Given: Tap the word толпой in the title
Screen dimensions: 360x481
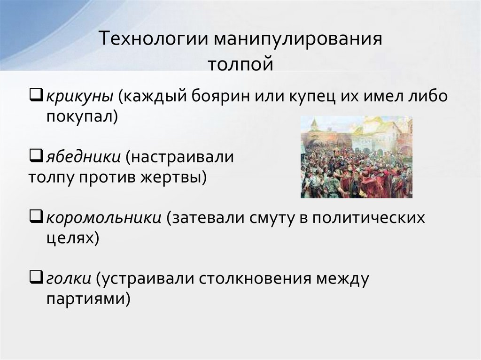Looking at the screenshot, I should tap(240, 62).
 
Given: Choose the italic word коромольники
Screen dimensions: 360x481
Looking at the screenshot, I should tap(104, 218).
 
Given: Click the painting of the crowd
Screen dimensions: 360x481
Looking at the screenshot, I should tap(356, 157).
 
